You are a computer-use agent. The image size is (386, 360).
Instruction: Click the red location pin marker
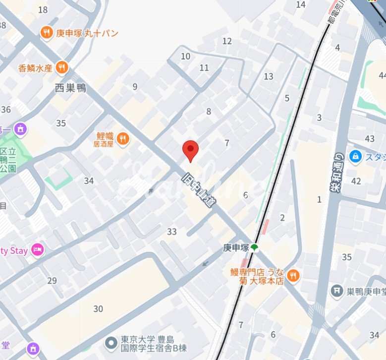191,150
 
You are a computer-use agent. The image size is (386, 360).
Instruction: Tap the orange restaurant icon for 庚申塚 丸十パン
47,33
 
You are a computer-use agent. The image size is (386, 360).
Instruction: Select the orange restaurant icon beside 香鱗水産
62,67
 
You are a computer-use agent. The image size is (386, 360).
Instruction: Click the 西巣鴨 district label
70,88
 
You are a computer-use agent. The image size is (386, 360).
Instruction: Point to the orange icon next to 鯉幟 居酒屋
123,138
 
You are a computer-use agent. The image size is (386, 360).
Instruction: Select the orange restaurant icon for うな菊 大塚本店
293,275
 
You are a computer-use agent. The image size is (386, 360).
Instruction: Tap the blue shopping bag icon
355,156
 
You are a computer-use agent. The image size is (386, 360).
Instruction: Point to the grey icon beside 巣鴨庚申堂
337,290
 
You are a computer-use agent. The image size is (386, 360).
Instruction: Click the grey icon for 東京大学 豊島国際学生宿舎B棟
111,342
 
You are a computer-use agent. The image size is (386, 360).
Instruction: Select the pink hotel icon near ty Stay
37,250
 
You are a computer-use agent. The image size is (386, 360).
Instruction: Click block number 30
98,309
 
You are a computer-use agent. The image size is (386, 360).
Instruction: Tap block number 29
52,281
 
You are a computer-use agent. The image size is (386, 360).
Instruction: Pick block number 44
382,75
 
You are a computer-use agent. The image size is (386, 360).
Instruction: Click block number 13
269,76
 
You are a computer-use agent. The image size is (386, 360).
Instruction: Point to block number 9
135,87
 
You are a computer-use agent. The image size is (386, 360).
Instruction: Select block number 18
43,10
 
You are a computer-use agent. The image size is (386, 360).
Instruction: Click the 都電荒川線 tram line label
336,14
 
